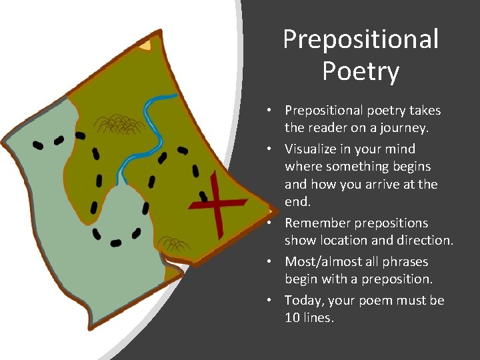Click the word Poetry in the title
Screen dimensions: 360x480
click(x=361, y=71)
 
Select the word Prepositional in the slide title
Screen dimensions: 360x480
click(x=361, y=39)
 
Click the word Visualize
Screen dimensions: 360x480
click(x=313, y=149)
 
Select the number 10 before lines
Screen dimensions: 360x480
click(x=292, y=318)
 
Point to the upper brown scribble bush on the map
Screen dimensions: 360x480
click(x=120, y=123)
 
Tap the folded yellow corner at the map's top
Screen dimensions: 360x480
click(x=145, y=45)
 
